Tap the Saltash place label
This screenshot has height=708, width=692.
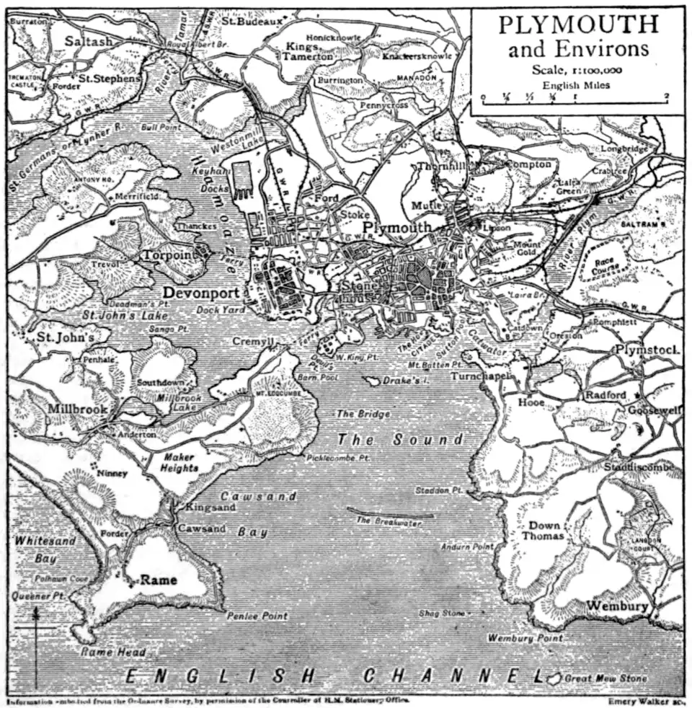[x=89, y=41]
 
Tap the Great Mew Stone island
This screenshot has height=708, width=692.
[x=554, y=678]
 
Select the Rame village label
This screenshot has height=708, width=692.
[x=158, y=579]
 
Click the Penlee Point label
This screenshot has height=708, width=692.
[x=257, y=616]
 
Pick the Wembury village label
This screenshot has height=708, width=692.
[x=617, y=606]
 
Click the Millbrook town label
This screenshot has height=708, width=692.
[x=78, y=408]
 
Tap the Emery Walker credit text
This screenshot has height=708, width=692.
[x=642, y=700]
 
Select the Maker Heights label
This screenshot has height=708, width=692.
[x=179, y=462]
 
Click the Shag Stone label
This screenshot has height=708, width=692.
[x=442, y=614]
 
